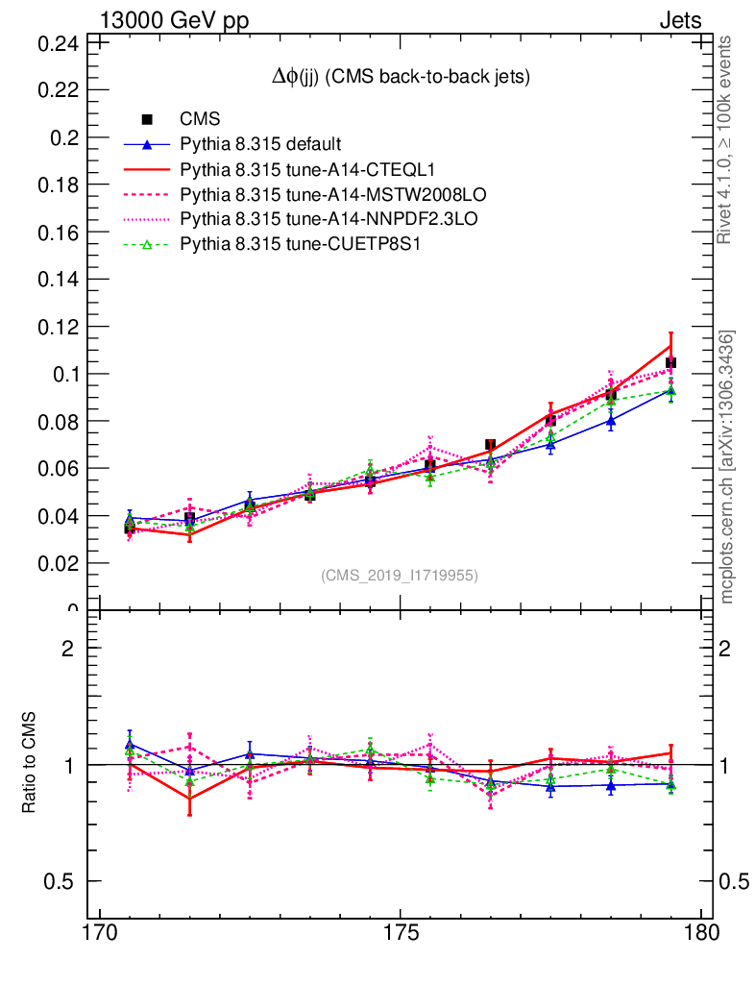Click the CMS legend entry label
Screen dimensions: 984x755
pyautogui.click(x=201, y=119)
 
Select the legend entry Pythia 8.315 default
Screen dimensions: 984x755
pyautogui.click(x=260, y=144)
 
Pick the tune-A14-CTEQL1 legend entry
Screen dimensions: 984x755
pyautogui.click(x=289, y=169)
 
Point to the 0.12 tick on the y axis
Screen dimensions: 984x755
pyautogui.click(x=58, y=327)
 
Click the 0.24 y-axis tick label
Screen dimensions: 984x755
pyautogui.click(x=58, y=43)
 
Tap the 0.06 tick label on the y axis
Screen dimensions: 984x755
pyautogui.click(x=58, y=469)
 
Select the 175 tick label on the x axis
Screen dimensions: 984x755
pyautogui.click(x=400, y=934)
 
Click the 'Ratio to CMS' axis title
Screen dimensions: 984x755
pyautogui.click(x=30, y=765)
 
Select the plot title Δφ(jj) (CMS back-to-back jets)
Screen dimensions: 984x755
pyautogui.click(x=401, y=76)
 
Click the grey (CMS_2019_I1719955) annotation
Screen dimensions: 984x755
pyautogui.click(x=400, y=576)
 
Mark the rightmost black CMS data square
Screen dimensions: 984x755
pyautogui.click(x=670, y=363)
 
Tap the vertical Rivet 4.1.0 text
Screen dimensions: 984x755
pyautogui.click(x=727, y=139)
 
